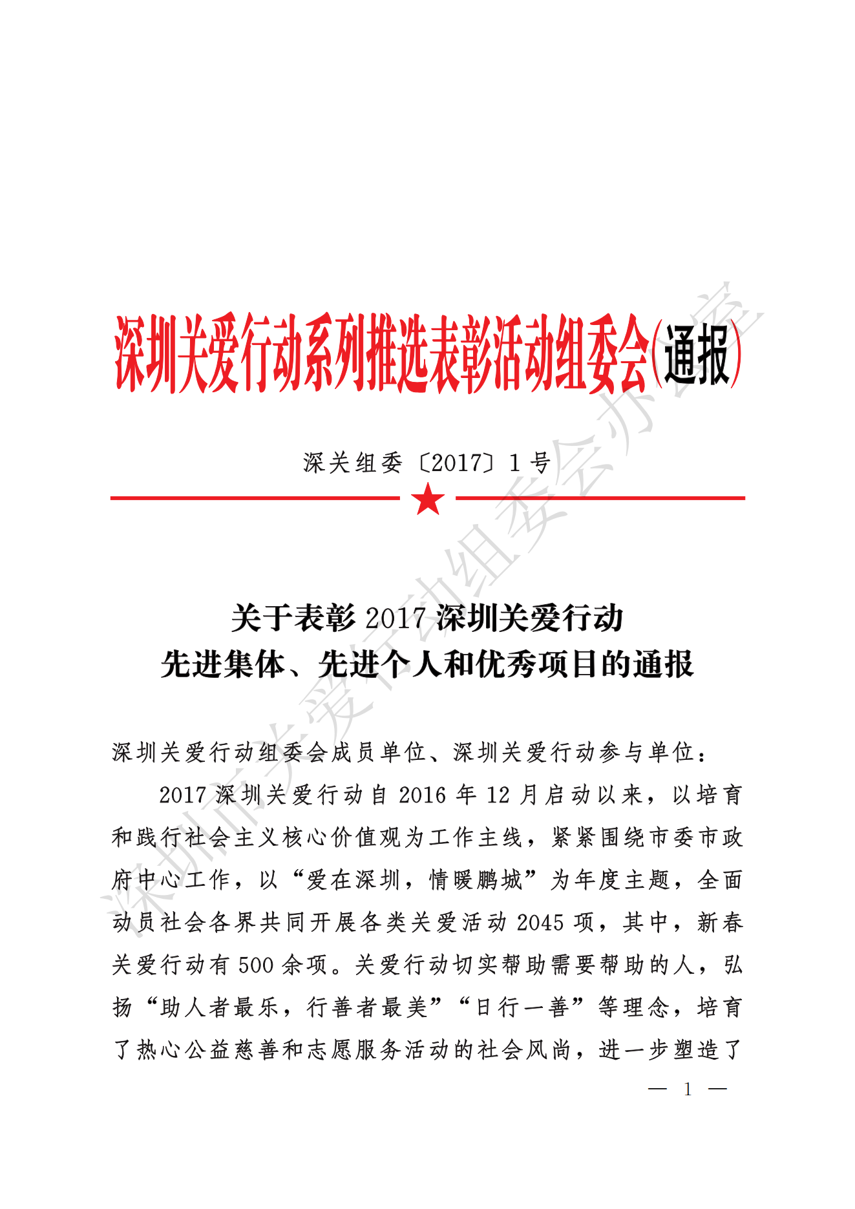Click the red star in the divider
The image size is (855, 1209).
pos(428,499)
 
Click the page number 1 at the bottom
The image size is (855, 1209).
pos(688,1089)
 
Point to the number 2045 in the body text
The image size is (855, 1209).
pos(540,923)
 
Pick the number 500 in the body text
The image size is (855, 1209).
pos(256,965)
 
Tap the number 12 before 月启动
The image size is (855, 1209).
pos(498,795)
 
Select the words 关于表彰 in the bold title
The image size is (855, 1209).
pos(294,618)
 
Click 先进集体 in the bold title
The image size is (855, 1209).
pos(223,664)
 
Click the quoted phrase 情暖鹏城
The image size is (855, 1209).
pos(476,880)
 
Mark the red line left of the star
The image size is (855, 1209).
pos(255,498)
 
